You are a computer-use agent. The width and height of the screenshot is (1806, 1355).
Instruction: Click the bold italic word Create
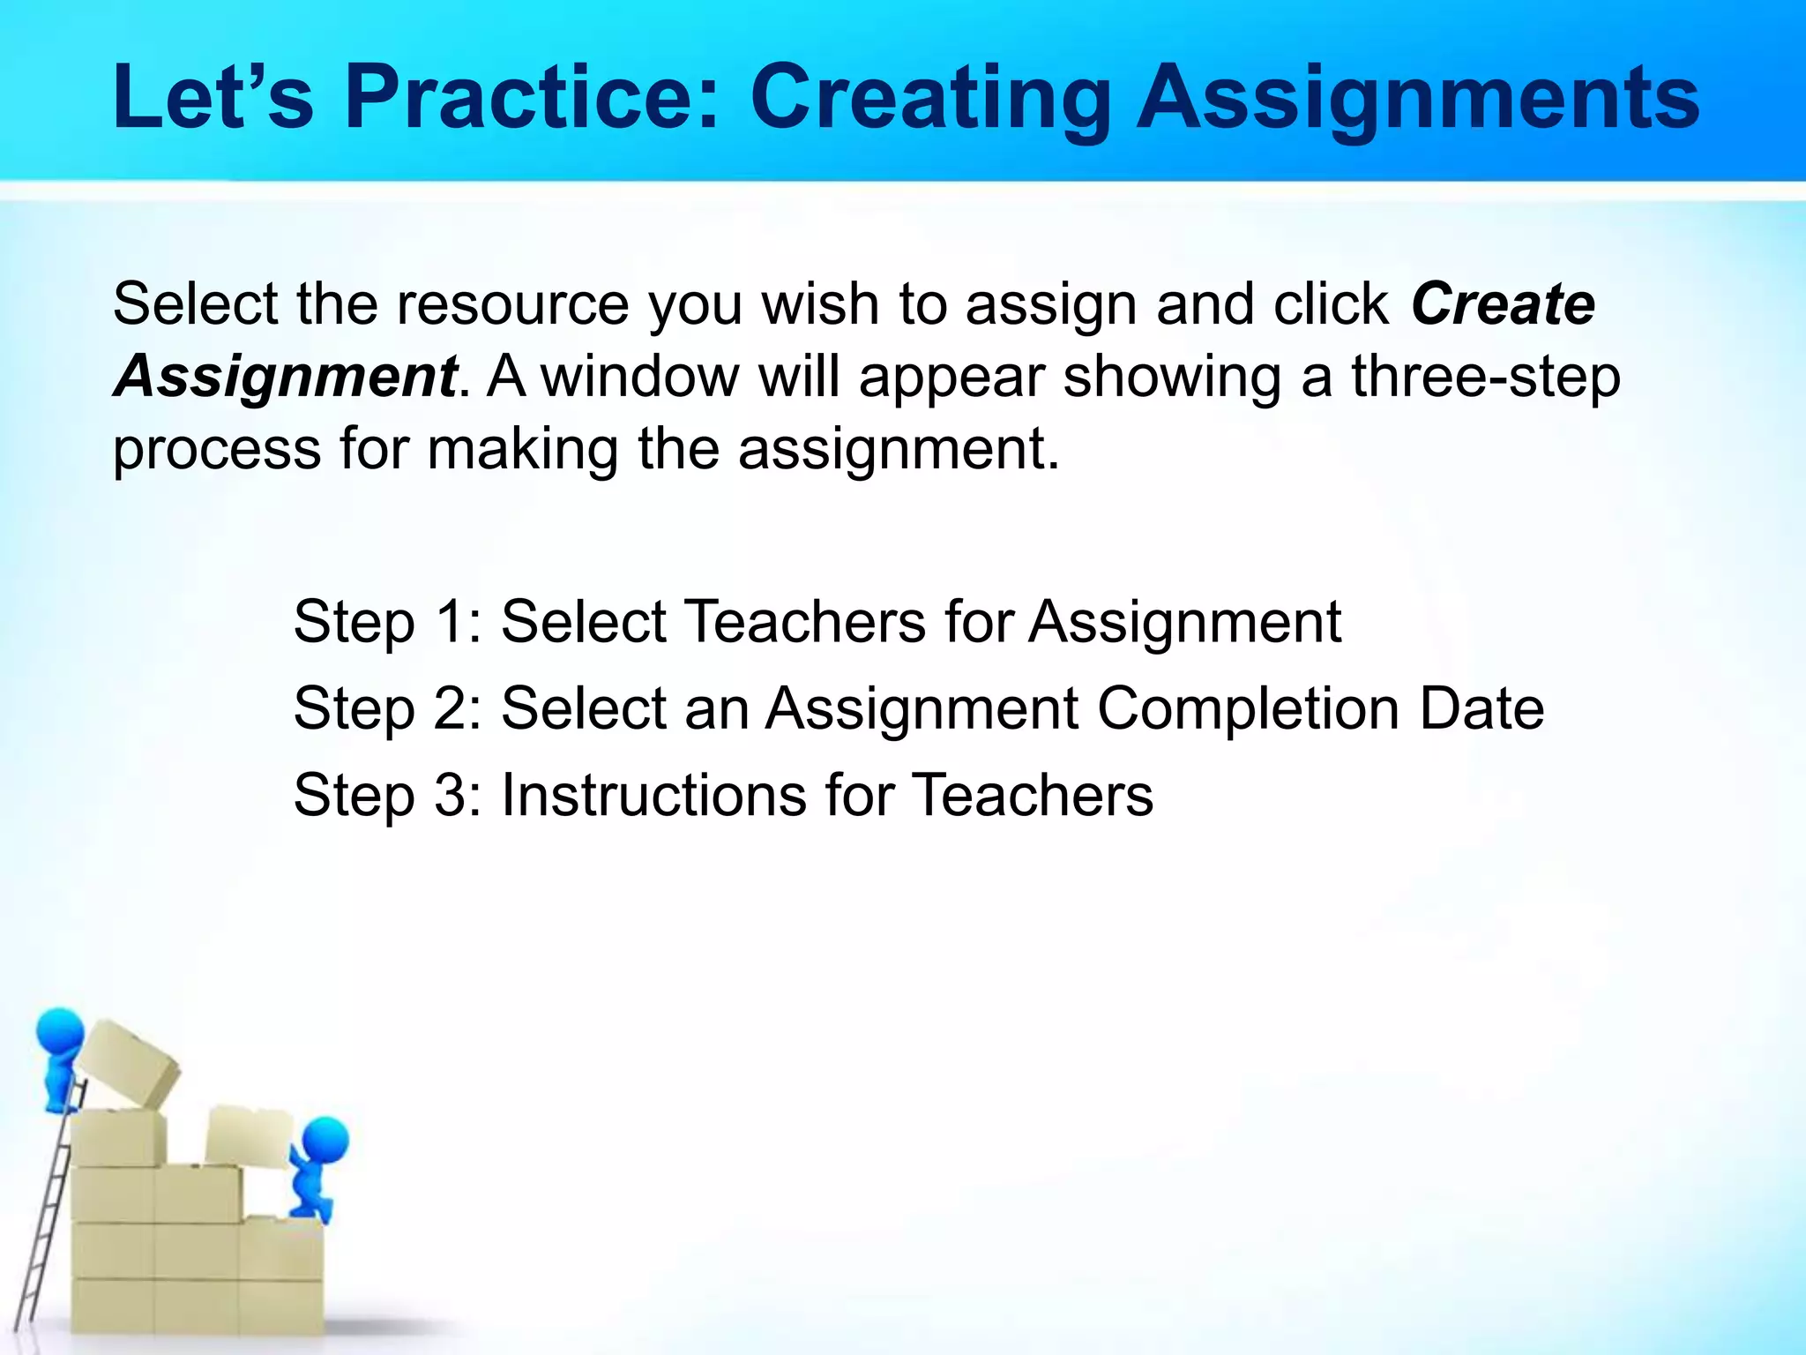[1503, 304]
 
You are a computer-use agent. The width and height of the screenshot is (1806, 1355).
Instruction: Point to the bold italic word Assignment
[285, 378]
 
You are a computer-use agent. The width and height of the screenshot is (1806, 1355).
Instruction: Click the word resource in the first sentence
[512, 304]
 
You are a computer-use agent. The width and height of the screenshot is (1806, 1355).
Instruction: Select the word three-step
[1486, 378]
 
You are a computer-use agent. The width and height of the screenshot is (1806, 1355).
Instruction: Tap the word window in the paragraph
[639, 378]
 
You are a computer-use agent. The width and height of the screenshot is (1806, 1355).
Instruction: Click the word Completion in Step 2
[1247, 708]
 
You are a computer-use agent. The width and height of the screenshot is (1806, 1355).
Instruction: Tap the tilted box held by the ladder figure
[129, 1062]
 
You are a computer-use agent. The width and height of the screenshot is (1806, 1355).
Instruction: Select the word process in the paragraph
[217, 450]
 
